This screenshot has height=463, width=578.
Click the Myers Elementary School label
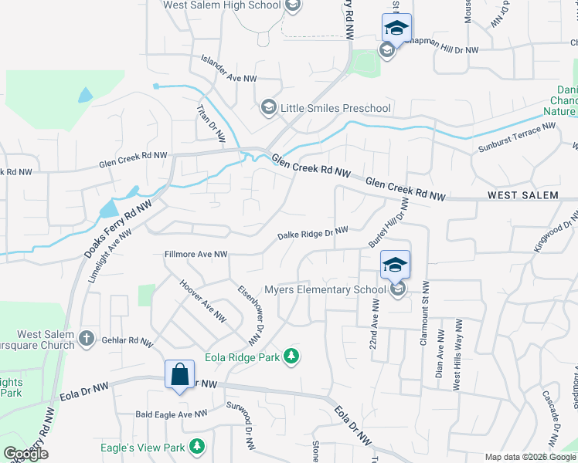(325, 290)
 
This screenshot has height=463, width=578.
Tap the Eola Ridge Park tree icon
(291, 357)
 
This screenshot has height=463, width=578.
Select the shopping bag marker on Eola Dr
(179, 376)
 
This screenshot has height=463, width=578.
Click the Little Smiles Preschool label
(335, 108)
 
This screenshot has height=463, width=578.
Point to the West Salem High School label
(221, 5)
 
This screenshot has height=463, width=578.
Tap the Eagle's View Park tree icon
(198, 447)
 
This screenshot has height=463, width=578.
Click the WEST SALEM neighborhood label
(522, 196)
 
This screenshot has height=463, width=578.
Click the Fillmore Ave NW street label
(195, 254)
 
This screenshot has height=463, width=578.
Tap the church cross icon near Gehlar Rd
(87, 338)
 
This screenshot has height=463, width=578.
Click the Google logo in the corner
(25, 454)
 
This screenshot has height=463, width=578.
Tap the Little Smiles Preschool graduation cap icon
(269, 107)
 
